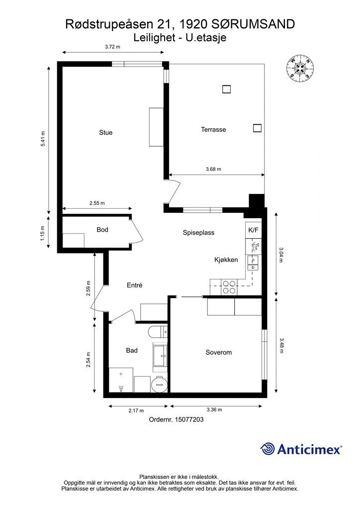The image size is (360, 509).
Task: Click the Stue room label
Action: coord(106,132)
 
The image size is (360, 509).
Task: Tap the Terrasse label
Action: coord(213,130)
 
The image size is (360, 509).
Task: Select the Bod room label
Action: coord(102,230)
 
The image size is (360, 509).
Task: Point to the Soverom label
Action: coord(218,352)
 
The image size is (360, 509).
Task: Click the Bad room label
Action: coord(132,350)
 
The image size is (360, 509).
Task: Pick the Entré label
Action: coord(134,285)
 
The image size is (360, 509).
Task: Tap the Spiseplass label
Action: coord(198,233)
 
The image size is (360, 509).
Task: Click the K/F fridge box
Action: coord(253,230)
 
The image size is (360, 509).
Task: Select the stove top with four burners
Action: coord(229,287)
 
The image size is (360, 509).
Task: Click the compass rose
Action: coord(300,68)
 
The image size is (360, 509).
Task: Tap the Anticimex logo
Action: coord(301,449)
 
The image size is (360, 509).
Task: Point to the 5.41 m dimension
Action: coord(43,139)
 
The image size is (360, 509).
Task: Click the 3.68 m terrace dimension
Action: coord(213,169)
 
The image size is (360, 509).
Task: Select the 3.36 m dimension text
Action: coord(214,410)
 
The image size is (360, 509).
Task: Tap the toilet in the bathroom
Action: coord(158,333)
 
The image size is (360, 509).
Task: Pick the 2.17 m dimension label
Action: coord(136,411)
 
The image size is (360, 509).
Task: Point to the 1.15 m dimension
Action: coord(43,233)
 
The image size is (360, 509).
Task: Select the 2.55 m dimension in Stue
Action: coord(97,203)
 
